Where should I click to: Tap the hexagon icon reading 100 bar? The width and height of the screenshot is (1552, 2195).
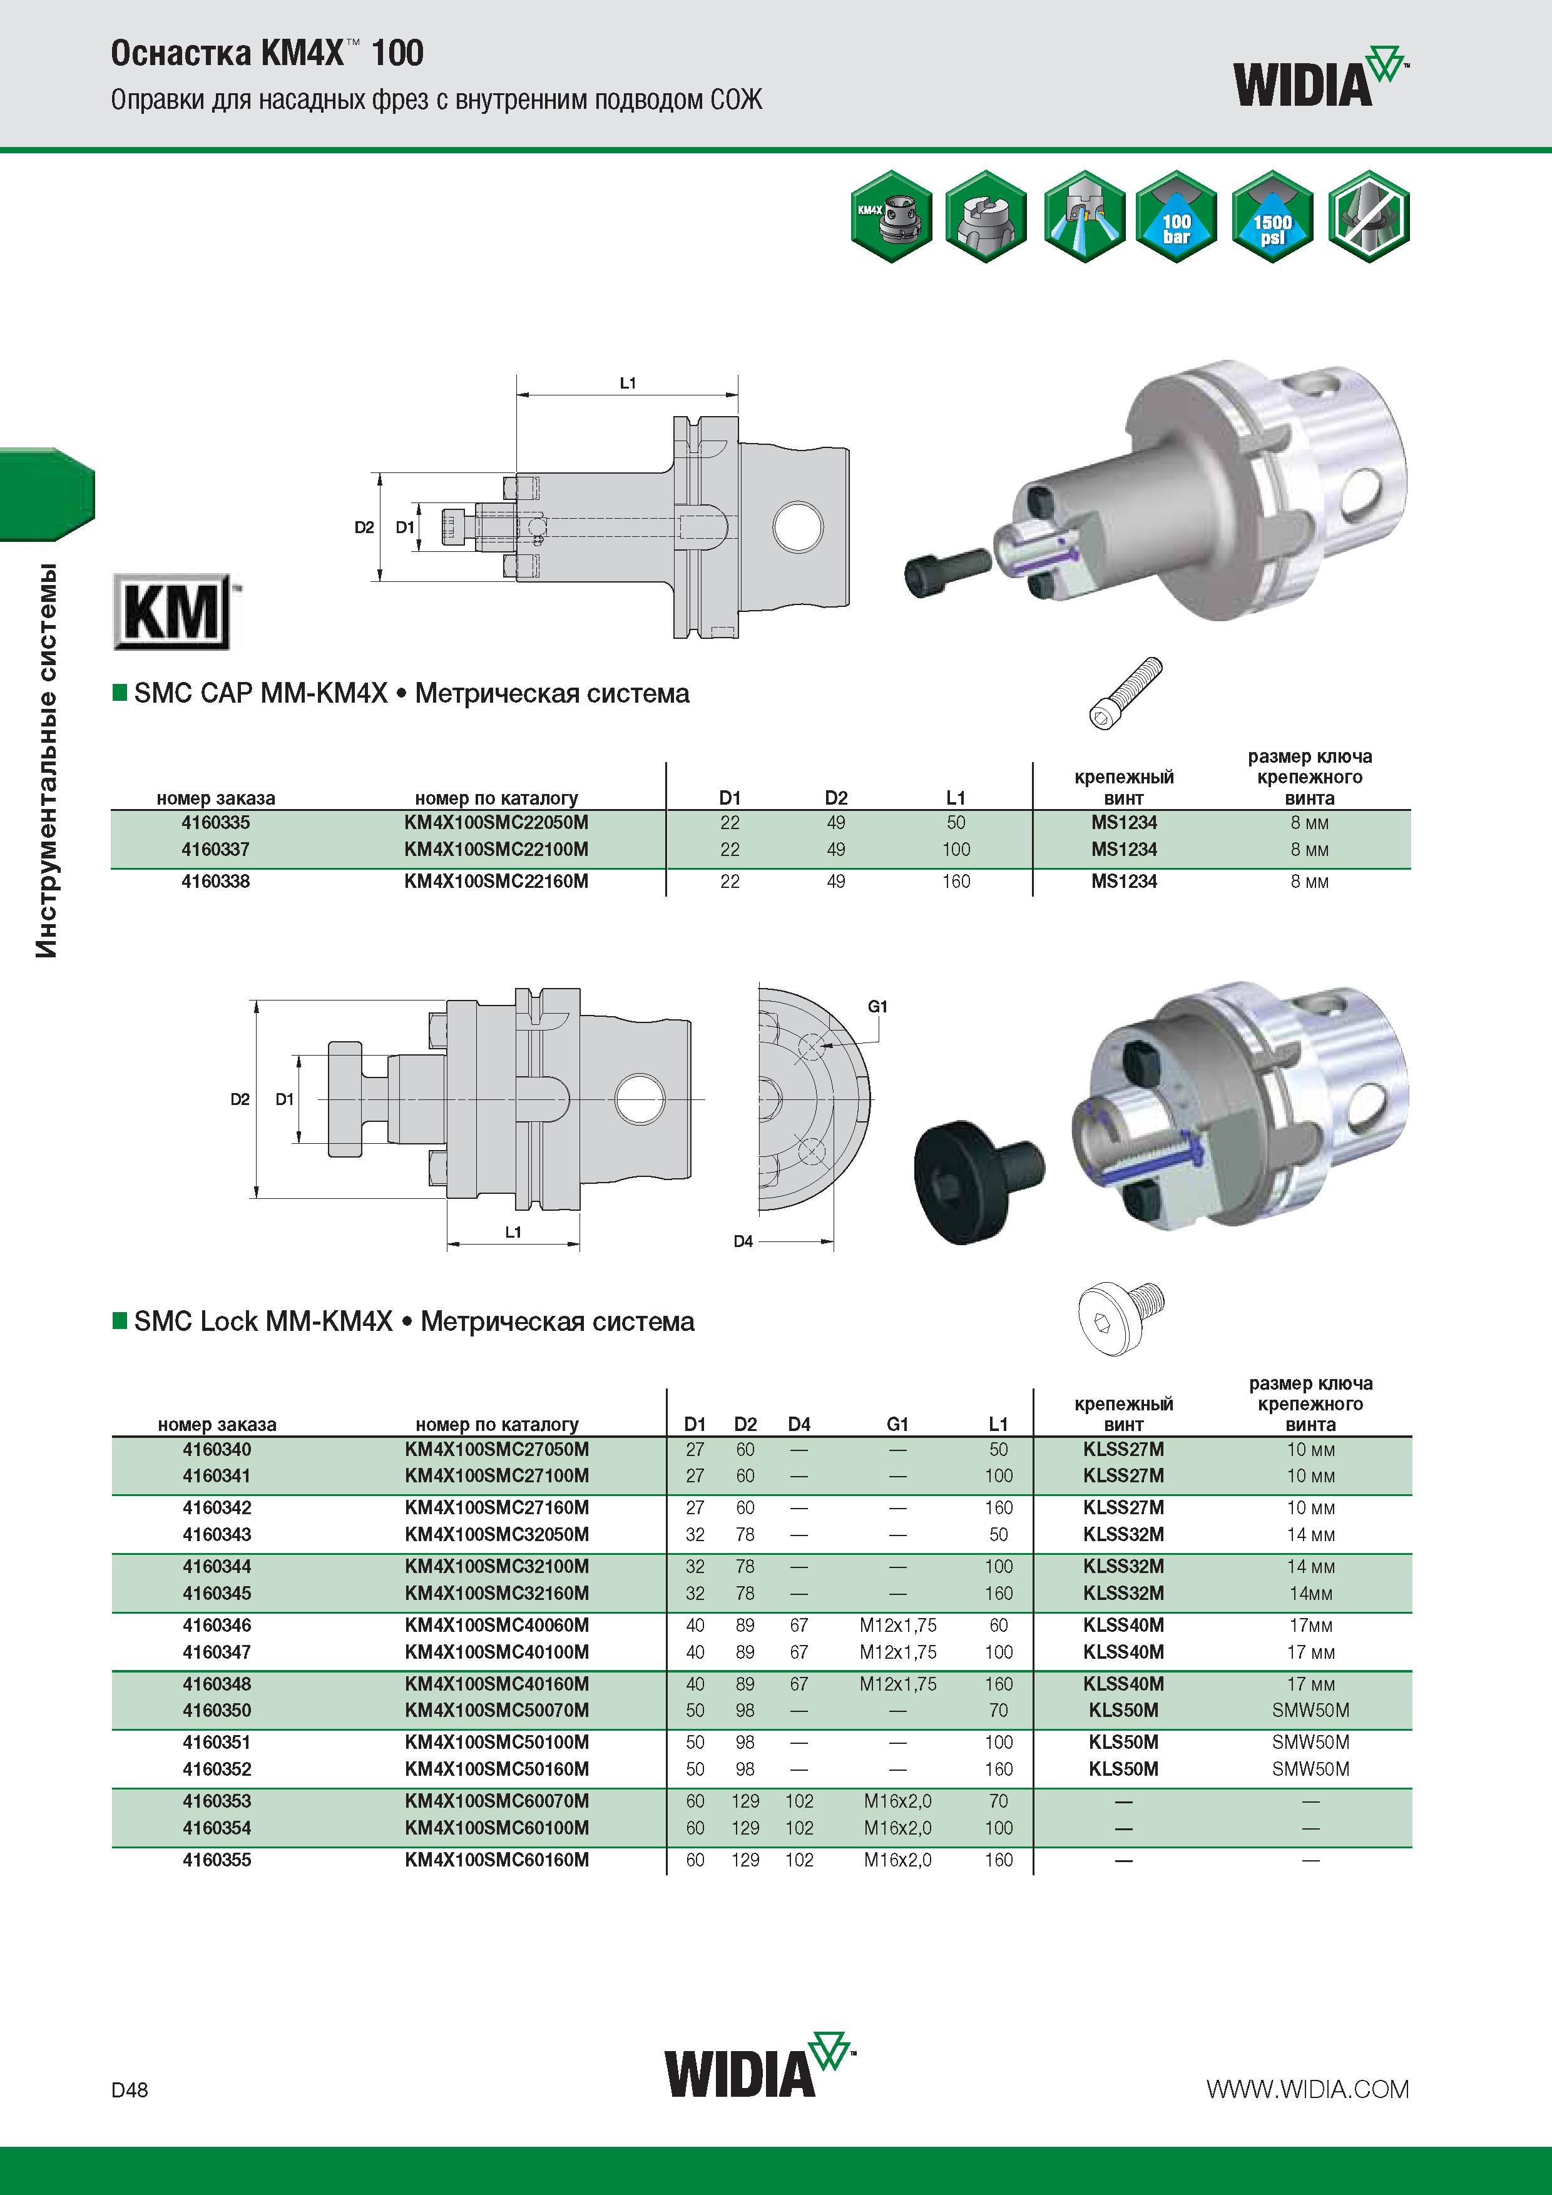pos(1176,217)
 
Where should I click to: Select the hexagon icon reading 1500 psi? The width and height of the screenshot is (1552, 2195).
pos(1272,217)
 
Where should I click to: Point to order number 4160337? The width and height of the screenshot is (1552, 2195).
pos(216,849)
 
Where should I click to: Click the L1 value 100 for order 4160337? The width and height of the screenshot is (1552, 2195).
pos(956,849)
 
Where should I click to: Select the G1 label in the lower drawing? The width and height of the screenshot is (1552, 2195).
pos(878,1007)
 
